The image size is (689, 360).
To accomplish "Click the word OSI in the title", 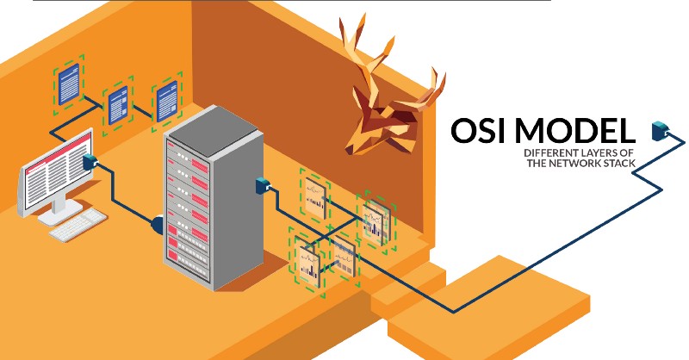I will pos(483,132).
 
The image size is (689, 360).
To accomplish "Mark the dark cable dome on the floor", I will pos(158,225).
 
